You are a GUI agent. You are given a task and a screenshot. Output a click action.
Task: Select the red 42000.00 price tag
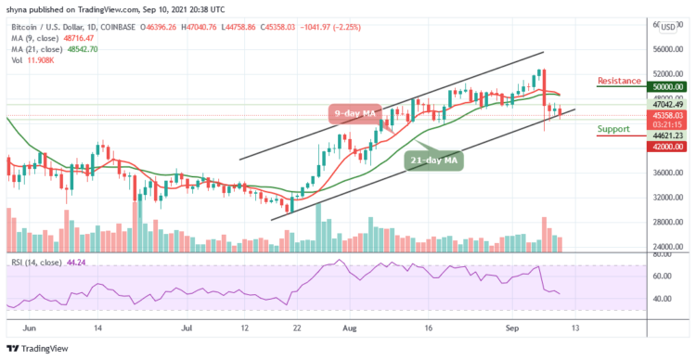click(668, 146)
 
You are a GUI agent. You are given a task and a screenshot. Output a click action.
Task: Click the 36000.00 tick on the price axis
click(668, 173)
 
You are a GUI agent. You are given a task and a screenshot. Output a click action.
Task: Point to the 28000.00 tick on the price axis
click(668, 222)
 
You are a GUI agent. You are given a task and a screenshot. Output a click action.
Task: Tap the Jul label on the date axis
click(188, 328)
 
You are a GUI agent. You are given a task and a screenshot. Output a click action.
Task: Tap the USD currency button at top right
click(667, 27)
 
